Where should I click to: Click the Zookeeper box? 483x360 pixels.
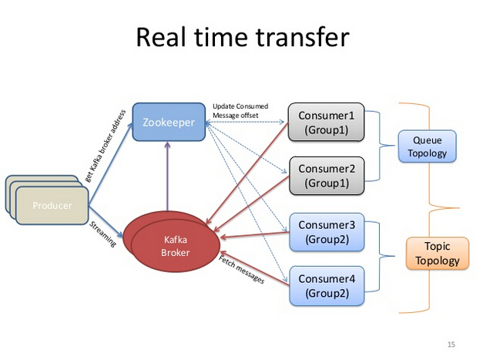(169, 122)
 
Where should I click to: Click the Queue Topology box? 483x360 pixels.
(428, 146)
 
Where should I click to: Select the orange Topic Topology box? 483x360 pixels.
(437, 254)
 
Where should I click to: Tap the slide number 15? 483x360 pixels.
(451, 344)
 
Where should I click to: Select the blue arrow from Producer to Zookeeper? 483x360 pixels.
(112, 164)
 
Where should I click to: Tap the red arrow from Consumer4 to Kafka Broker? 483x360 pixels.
(254, 268)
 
